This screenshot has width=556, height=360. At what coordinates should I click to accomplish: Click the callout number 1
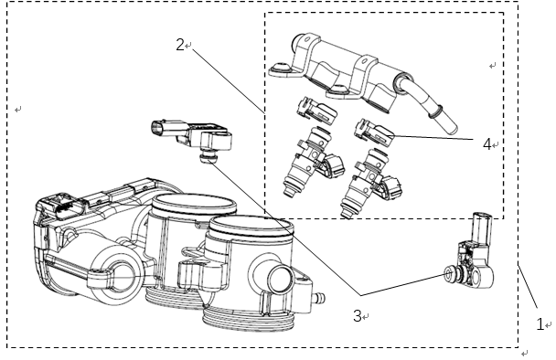[540, 323]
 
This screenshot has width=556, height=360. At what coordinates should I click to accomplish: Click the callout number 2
[180, 45]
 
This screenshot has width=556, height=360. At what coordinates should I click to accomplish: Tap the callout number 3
[358, 316]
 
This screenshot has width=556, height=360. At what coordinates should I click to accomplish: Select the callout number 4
[487, 144]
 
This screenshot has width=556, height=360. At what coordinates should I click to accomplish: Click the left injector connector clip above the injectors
[316, 110]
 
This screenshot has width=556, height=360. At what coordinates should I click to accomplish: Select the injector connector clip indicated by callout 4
[374, 132]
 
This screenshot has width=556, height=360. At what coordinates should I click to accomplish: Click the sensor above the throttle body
[191, 137]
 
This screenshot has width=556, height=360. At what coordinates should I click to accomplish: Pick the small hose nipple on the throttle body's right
[318, 297]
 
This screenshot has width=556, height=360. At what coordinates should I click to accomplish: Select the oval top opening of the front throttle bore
[251, 226]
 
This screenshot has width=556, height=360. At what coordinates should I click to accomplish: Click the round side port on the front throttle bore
[280, 279]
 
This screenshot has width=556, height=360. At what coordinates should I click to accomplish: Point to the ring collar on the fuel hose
[435, 111]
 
